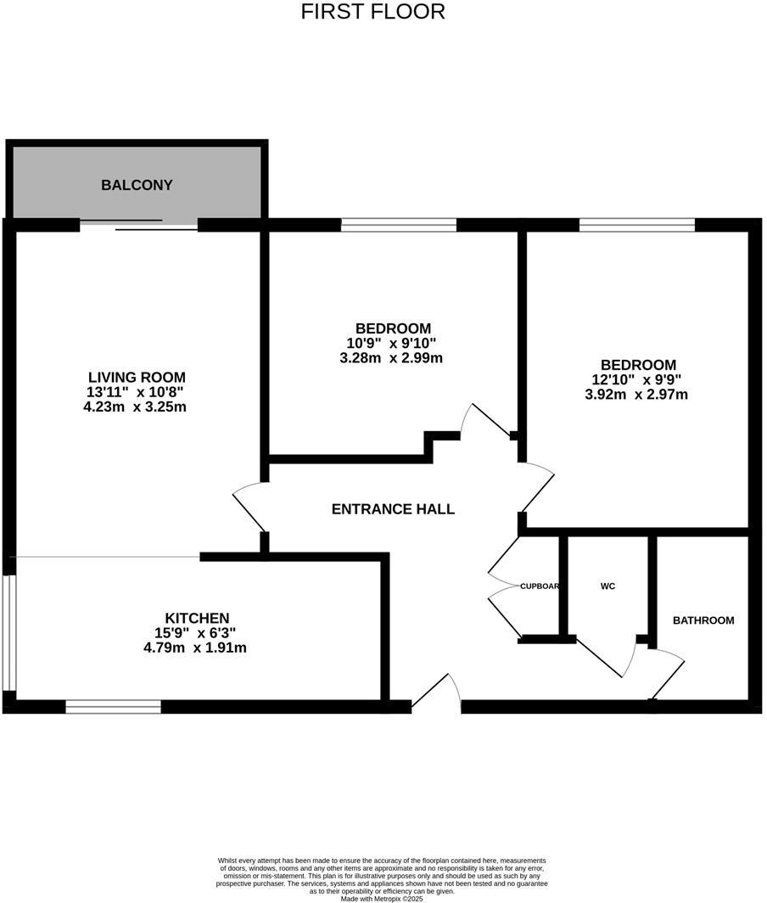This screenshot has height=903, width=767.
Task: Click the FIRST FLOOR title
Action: pyautogui.click(x=373, y=12)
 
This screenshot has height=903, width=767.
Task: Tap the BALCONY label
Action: pyautogui.click(x=137, y=185)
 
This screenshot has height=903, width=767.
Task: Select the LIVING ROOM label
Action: pyautogui.click(x=137, y=378)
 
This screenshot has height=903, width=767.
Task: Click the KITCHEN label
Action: pyautogui.click(x=197, y=618)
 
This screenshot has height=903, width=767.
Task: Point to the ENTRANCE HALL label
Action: pyautogui.click(x=393, y=509)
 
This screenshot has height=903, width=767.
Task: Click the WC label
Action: pyautogui.click(x=607, y=586)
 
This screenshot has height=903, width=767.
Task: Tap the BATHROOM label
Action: pyautogui.click(x=703, y=620)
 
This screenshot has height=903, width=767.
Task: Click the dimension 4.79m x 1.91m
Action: pyautogui.click(x=195, y=648)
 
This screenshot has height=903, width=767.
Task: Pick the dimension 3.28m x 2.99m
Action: pyautogui.click(x=392, y=358)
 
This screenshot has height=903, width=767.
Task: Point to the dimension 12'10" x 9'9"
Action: pyautogui.click(x=635, y=379)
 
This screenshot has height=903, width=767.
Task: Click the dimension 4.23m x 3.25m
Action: pyautogui.click(x=137, y=407)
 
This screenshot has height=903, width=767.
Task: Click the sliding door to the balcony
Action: pyautogui.click(x=139, y=225)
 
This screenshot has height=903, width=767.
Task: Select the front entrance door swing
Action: pyautogui.click(x=438, y=692)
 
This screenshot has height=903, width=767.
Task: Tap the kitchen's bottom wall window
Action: pyautogui.click(x=113, y=706)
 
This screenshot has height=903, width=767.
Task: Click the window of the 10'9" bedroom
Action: pyautogui.click(x=399, y=225)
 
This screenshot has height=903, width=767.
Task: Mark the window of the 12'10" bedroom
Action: pyautogui.click(x=637, y=225)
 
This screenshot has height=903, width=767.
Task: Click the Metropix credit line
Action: pyautogui.click(x=381, y=898)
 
